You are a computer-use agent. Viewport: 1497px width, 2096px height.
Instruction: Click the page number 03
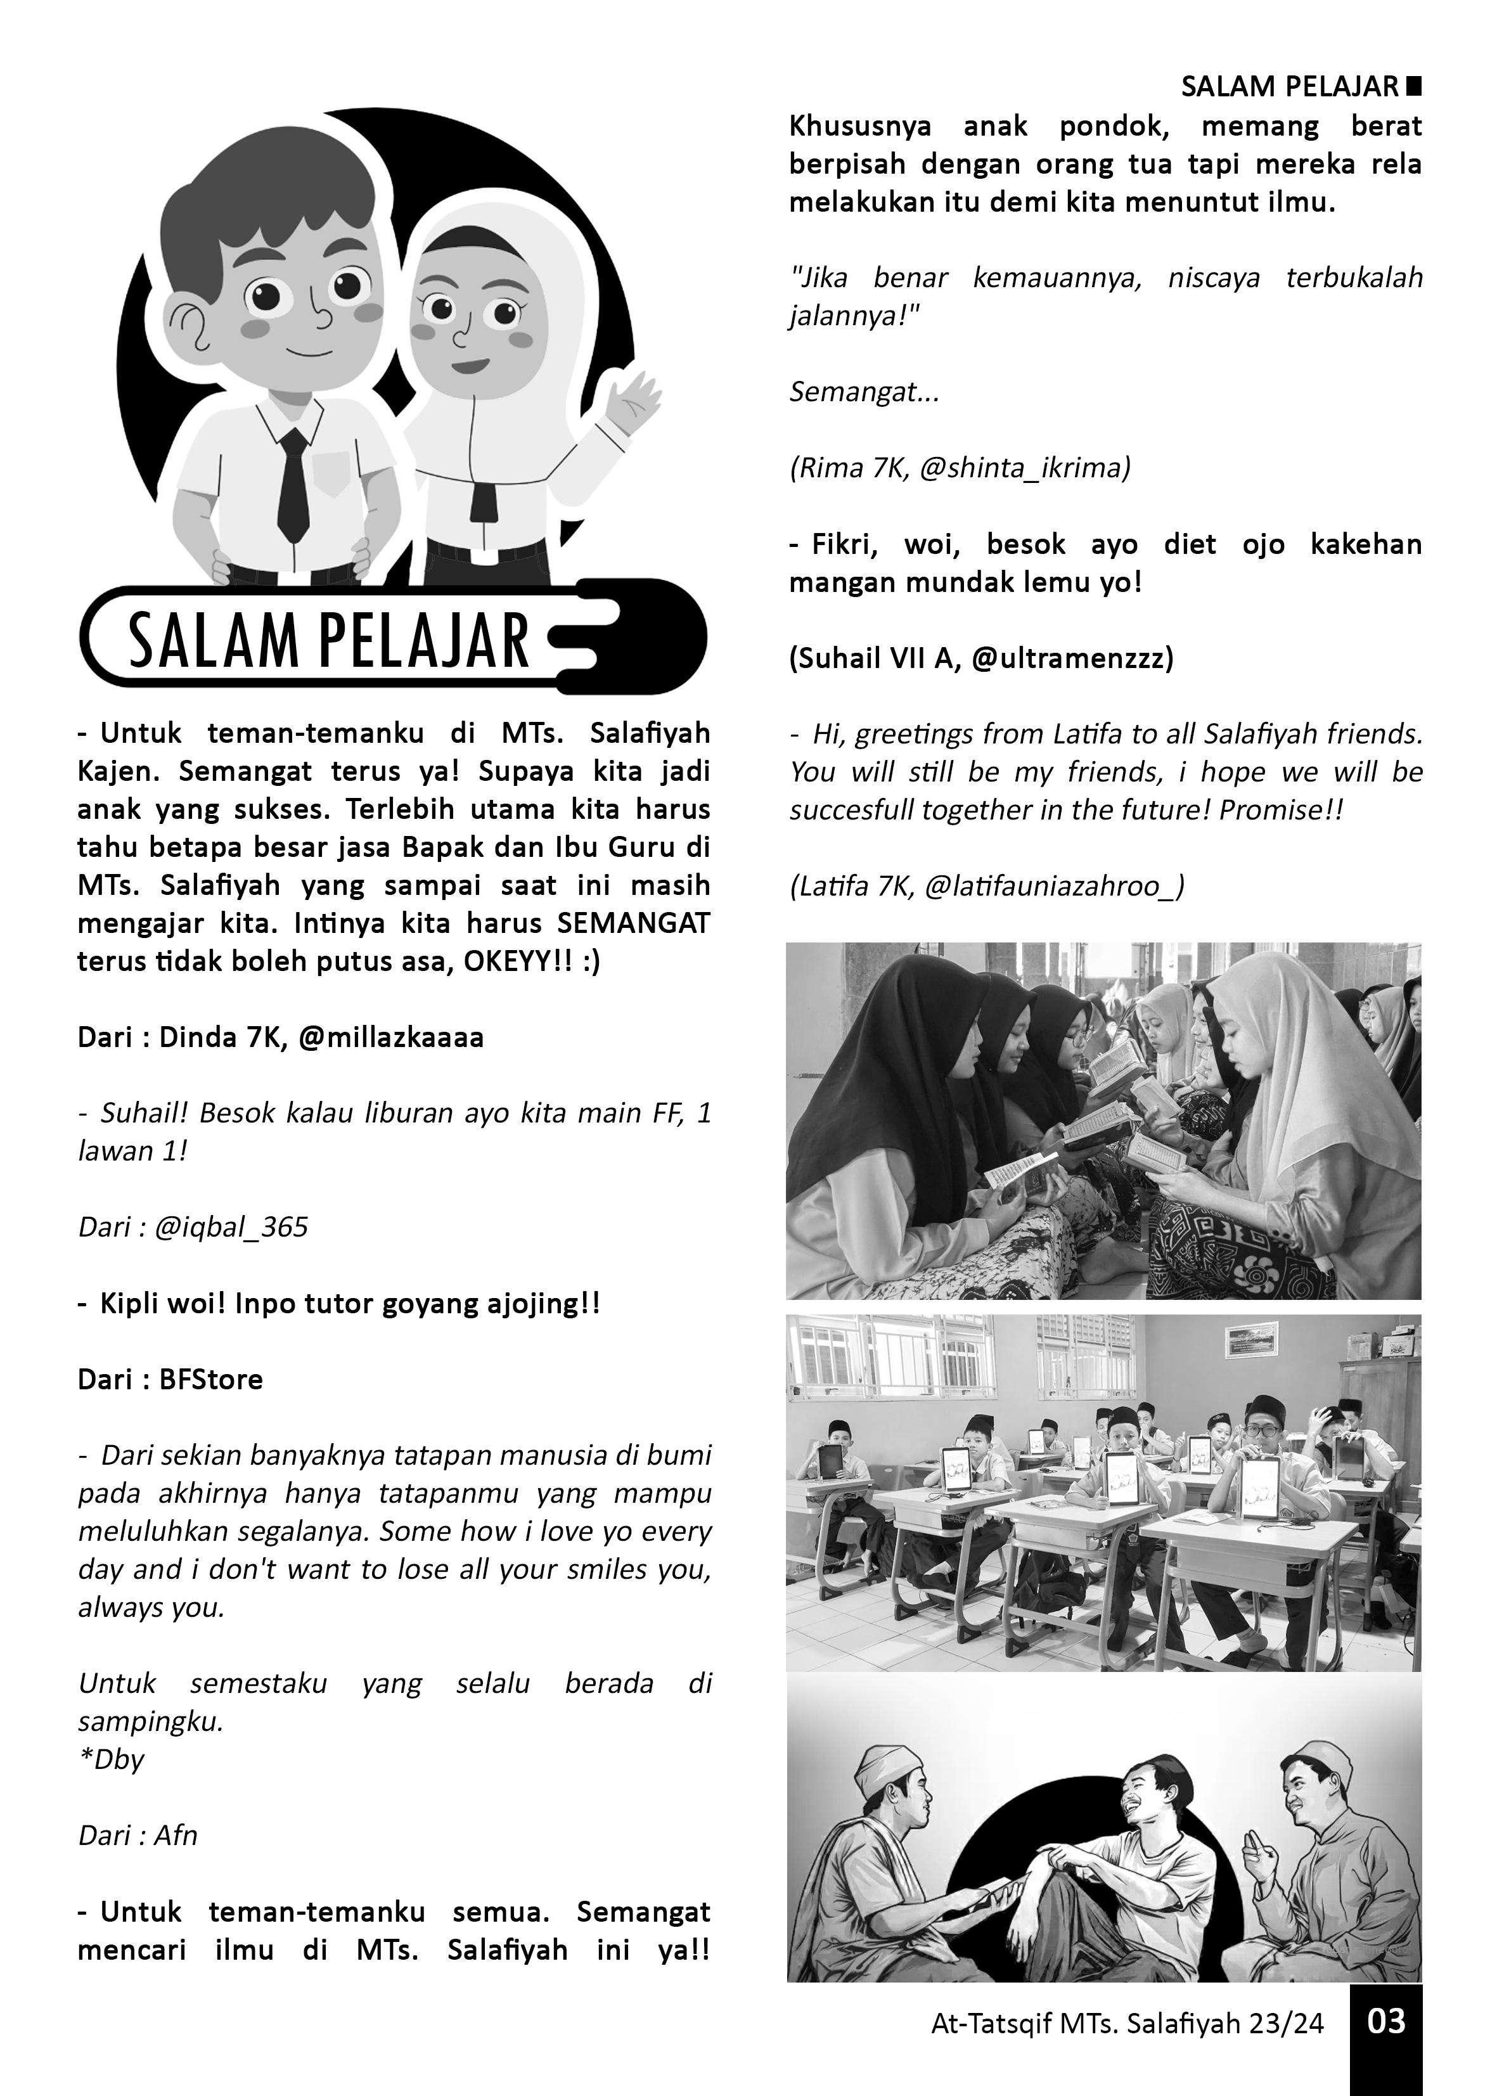[x=1385, y=2021]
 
